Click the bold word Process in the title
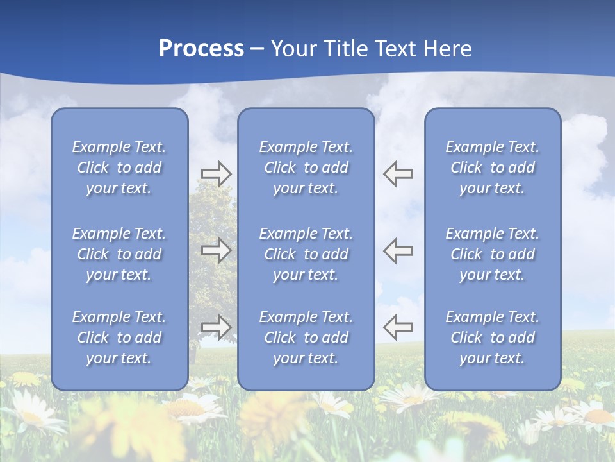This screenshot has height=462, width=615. (x=201, y=49)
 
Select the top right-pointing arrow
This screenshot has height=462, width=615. (x=216, y=173)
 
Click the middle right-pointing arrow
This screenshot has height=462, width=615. (x=216, y=250)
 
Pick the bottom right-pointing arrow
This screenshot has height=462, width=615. (x=216, y=327)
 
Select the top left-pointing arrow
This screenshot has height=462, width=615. (x=398, y=173)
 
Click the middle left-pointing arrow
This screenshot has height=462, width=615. (x=398, y=250)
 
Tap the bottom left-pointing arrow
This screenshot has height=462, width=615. (x=398, y=327)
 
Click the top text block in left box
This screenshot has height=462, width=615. (x=119, y=167)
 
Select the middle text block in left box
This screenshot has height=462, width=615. (x=119, y=254)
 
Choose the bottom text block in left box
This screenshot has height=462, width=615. (x=119, y=338)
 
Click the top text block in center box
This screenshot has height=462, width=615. (x=306, y=167)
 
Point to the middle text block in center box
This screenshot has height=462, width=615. (x=306, y=254)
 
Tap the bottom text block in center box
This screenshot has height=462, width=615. (x=306, y=338)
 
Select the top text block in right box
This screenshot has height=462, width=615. (x=492, y=167)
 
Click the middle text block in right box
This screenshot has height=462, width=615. (x=492, y=254)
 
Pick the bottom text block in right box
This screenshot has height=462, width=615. (x=492, y=338)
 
